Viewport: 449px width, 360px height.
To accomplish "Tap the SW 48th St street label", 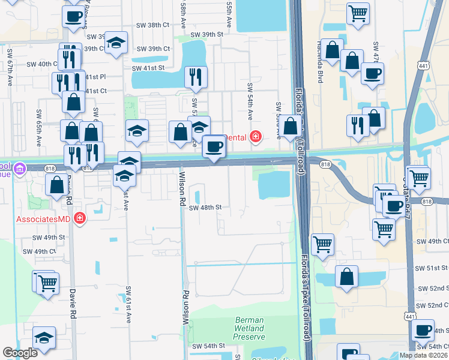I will click(x=205, y=208).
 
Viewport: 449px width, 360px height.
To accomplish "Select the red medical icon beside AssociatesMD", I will click(x=79, y=218).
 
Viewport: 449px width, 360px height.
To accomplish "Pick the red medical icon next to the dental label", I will click(x=256, y=137).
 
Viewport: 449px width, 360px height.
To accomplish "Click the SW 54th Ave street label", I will click(x=249, y=100).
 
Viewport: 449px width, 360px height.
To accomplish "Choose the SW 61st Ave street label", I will click(x=128, y=304).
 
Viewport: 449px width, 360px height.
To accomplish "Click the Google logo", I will click(x=20, y=353).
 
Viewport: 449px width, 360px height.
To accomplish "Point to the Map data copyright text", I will click(x=423, y=355).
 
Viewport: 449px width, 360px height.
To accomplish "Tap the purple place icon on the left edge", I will click(x=20, y=169).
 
